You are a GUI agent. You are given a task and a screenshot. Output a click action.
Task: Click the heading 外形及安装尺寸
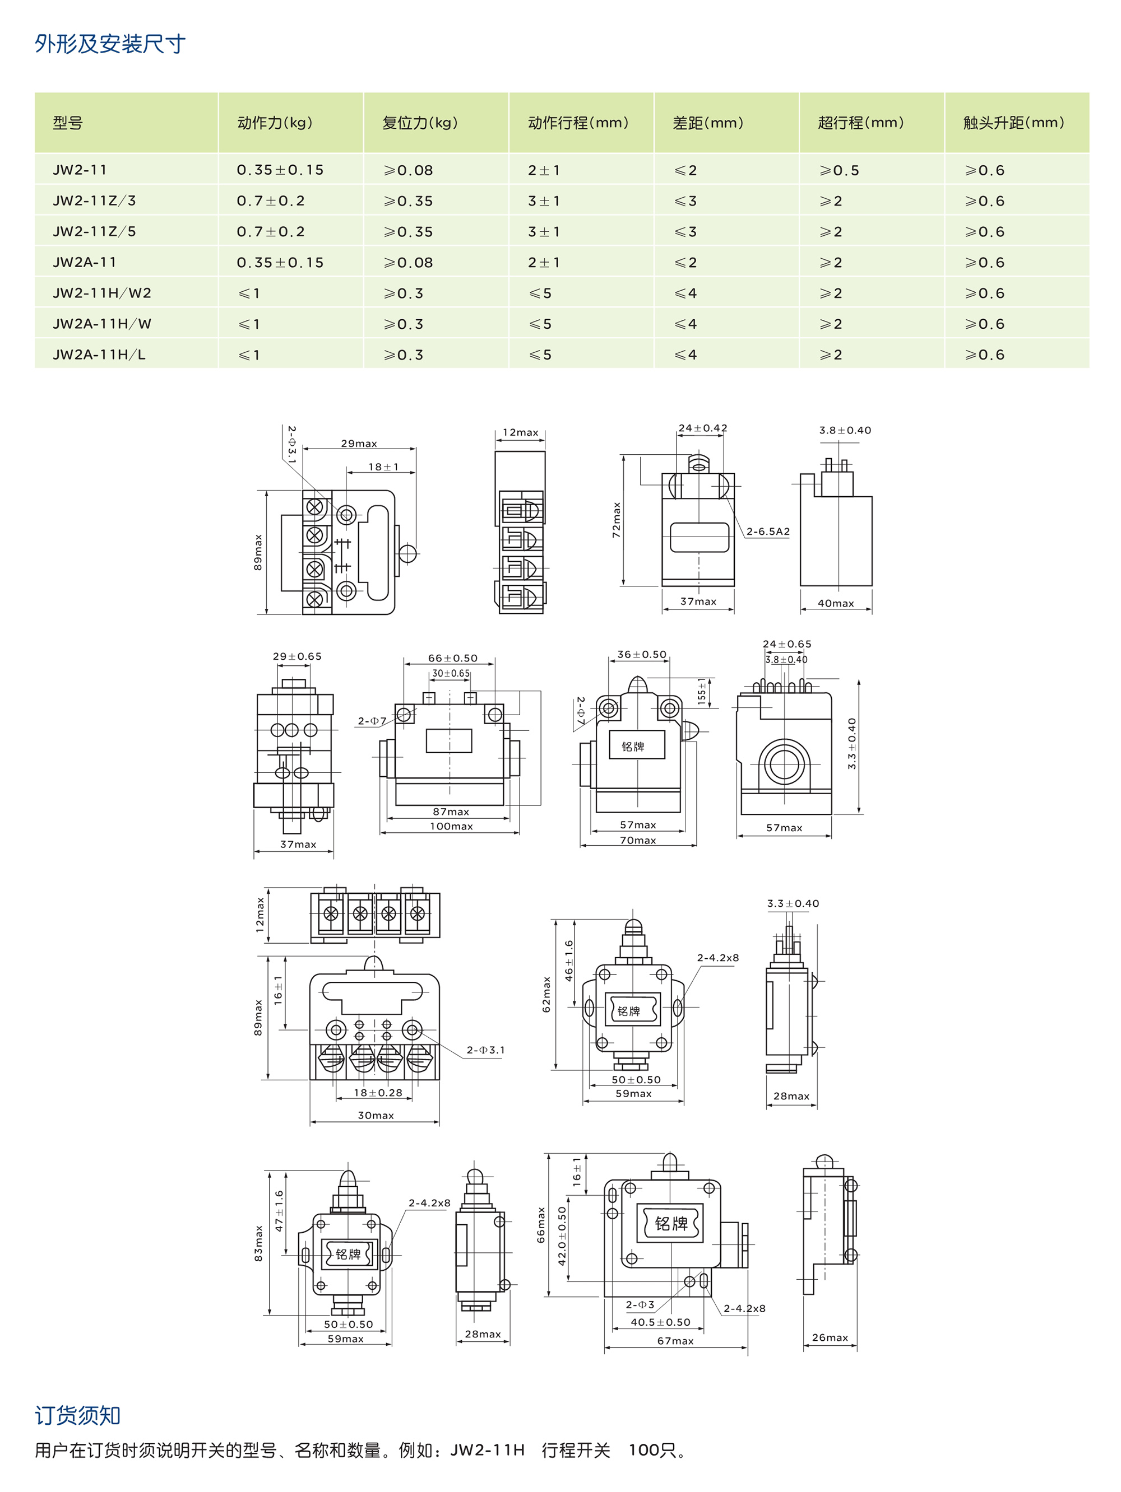[x=110, y=44]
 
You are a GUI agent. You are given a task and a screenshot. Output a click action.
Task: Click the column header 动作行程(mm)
[x=578, y=123]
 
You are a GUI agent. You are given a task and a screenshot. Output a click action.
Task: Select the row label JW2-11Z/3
[x=95, y=201]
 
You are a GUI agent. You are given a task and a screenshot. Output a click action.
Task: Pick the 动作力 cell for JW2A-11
[x=280, y=262]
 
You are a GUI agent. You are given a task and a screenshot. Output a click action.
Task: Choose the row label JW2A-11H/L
[x=99, y=355]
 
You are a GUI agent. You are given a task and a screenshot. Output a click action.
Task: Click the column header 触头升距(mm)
[x=1014, y=123]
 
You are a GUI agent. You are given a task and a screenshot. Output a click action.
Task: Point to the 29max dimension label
[x=359, y=443]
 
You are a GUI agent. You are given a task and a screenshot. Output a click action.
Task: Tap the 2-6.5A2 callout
[x=768, y=531]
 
